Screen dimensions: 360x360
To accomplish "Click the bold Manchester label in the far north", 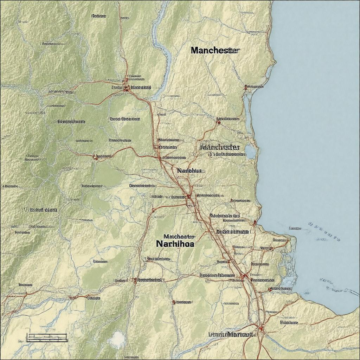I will click(215, 50).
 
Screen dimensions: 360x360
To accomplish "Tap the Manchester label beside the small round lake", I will click(220, 147).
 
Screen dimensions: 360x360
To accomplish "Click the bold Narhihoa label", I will click(175, 243).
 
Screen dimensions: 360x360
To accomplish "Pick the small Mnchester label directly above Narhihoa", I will click(179, 237).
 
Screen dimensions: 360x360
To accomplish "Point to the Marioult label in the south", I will click(232, 334).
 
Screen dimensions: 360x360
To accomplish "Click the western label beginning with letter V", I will click(40, 210).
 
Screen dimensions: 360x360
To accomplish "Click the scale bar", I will click(47, 337).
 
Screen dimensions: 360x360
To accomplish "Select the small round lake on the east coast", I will click(250, 152).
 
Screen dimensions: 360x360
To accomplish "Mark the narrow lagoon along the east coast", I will click(249, 112).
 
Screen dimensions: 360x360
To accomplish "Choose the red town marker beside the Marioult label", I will click(261, 328).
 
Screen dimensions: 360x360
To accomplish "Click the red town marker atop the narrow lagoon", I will click(246, 86).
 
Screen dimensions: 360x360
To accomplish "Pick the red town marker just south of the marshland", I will click(270, 289).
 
